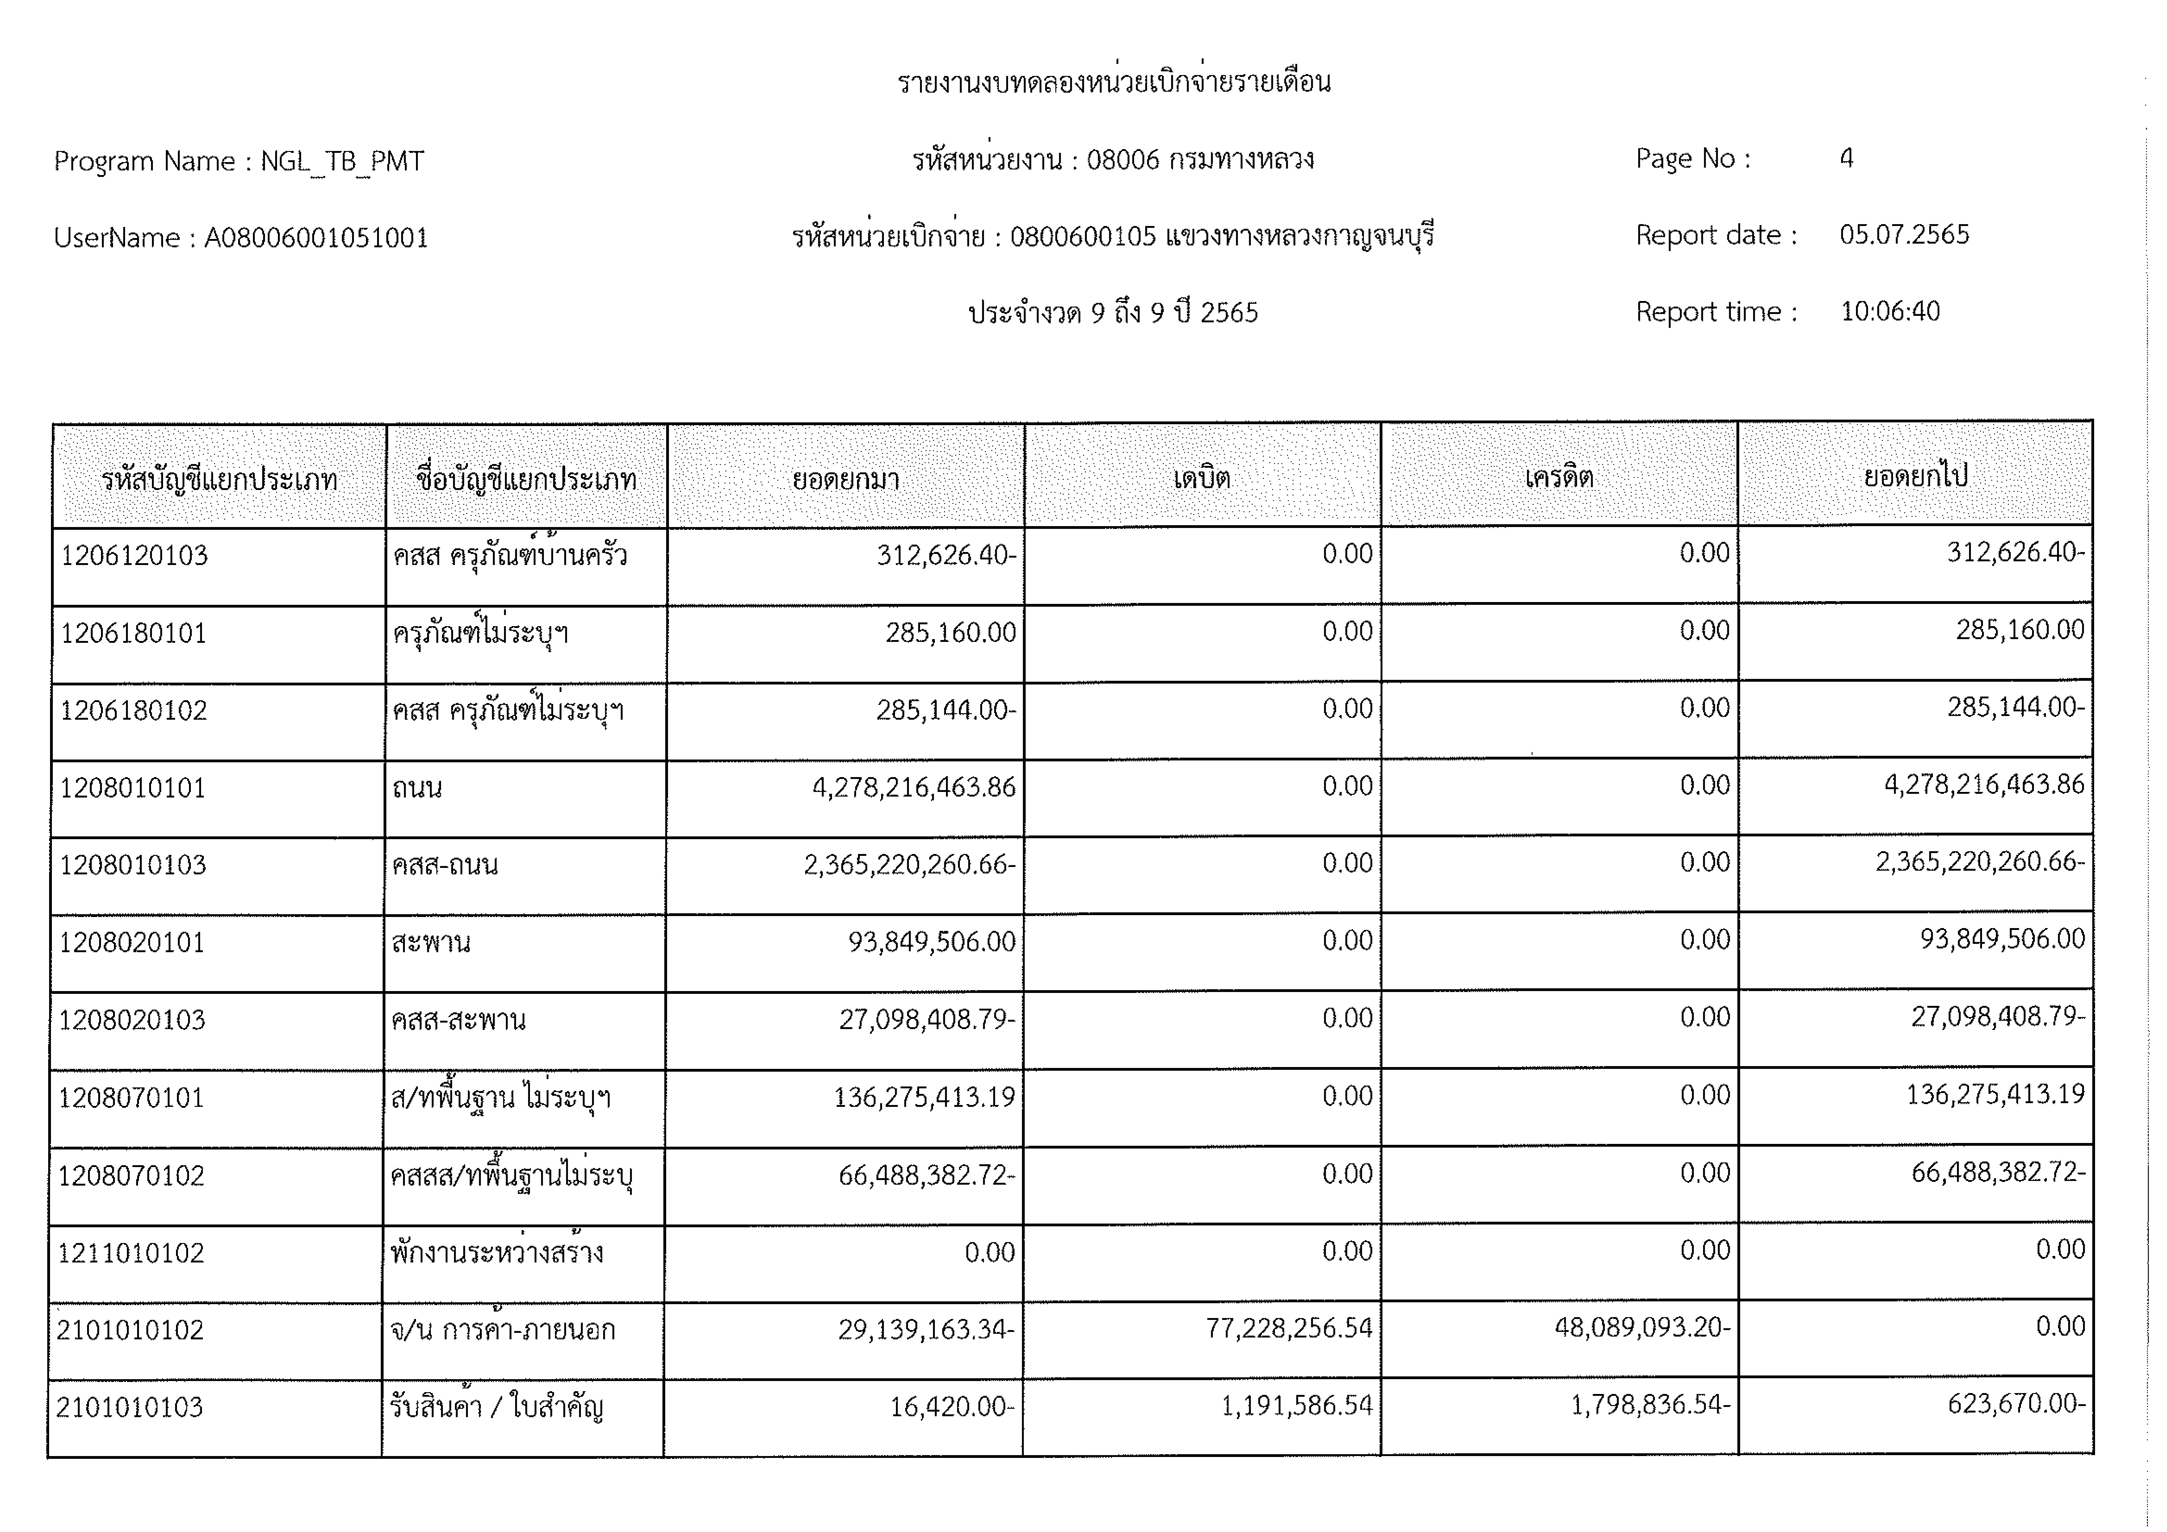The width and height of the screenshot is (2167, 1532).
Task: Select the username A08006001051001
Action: [x=316, y=238]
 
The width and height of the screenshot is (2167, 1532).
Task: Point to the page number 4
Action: [x=1846, y=158]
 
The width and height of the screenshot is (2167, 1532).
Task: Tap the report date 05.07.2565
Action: [x=1904, y=235]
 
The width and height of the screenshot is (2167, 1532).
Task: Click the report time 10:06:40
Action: [x=1889, y=311]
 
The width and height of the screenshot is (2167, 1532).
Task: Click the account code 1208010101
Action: [x=133, y=788]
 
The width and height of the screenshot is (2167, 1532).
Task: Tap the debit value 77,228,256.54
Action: [x=1288, y=1328]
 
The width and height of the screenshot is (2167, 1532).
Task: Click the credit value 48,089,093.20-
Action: [x=1642, y=1328]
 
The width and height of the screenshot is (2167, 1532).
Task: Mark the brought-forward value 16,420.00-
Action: [x=951, y=1408]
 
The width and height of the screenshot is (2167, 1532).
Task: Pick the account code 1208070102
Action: [x=131, y=1175]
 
